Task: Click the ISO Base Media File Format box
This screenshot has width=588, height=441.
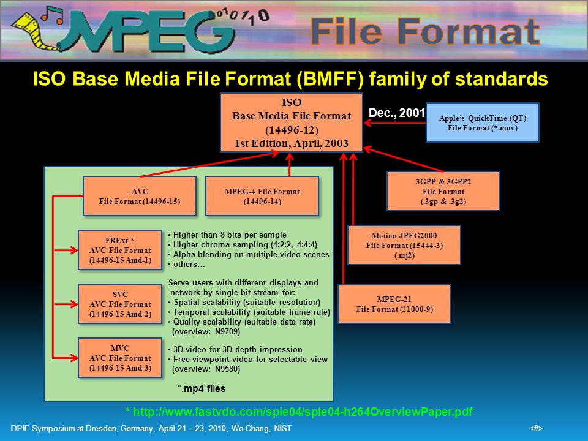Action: tap(292, 123)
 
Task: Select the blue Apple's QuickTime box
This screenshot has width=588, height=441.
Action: tap(482, 123)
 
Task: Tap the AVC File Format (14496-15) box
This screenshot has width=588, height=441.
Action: tap(140, 196)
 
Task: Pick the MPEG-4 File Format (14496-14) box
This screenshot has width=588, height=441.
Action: tap(262, 196)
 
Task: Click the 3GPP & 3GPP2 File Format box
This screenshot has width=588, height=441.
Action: tap(443, 191)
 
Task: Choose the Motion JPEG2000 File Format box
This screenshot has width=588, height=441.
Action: tap(404, 245)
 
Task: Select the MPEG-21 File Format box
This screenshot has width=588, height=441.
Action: tap(394, 304)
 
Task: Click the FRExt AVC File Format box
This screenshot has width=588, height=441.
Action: tap(120, 250)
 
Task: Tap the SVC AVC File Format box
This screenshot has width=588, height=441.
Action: tap(120, 304)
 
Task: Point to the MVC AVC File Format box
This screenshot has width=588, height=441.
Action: tap(120, 358)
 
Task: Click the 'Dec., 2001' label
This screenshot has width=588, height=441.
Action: tap(396, 113)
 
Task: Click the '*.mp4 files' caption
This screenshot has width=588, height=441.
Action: tap(202, 388)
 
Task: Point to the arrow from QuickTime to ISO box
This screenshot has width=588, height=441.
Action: tap(395, 123)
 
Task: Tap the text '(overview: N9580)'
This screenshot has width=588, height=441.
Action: tap(206, 369)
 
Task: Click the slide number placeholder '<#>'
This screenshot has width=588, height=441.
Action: tap(536, 428)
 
